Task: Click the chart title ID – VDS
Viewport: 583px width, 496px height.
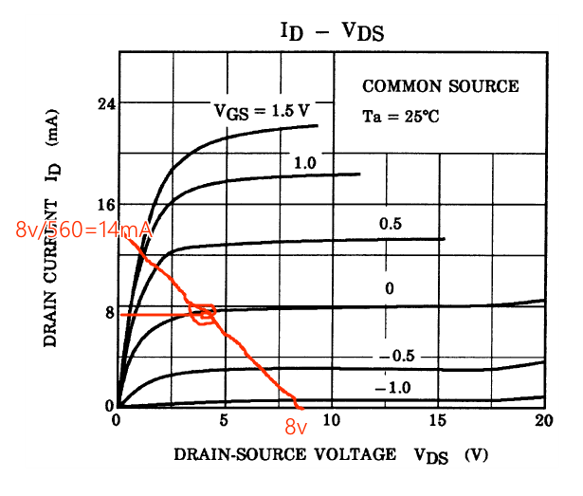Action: pos(331,30)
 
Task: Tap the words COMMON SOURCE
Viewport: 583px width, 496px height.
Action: pos(441,86)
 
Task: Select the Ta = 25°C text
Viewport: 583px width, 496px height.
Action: pos(401,118)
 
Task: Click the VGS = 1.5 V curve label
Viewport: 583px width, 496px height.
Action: pos(261,111)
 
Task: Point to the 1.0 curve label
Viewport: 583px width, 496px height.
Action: pos(304,163)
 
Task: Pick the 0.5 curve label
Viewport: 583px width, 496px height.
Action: pos(391,224)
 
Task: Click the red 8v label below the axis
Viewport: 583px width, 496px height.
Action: pos(298,427)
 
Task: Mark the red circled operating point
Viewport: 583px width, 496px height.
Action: pos(203,313)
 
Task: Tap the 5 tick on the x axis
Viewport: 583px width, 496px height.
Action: pos(224,420)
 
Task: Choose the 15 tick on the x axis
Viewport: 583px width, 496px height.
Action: pos(437,420)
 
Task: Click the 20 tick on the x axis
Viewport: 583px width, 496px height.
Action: pos(543,420)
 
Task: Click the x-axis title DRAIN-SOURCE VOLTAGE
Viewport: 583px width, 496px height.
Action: pos(284,454)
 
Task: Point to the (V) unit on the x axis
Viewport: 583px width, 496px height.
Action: pos(475,455)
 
